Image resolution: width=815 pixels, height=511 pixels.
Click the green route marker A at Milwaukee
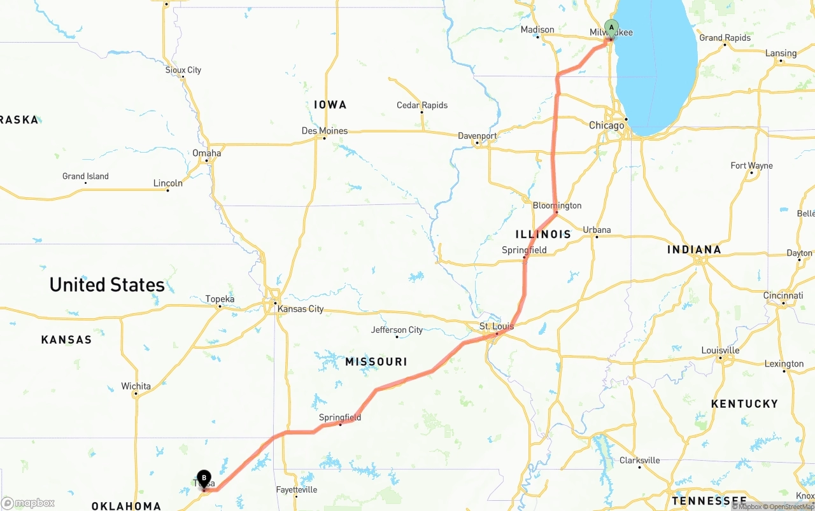tap(611, 28)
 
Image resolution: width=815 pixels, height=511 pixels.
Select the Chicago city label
tap(606, 125)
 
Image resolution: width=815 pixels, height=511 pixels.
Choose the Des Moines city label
tap(325, 131)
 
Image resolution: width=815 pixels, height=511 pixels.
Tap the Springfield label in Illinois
tap(524, 250)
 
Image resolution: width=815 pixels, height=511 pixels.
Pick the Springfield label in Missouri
tap(340, 417)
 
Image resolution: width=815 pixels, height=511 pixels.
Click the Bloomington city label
tap(557, 206)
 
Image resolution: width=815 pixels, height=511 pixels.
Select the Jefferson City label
tap(397, 330)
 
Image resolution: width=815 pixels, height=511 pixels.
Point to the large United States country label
tap(107, 284)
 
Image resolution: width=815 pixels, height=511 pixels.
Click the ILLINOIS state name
tap(543, 234)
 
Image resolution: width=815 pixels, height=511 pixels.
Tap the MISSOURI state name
tap(376, 361)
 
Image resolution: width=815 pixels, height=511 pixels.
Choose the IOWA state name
tap(330, 104)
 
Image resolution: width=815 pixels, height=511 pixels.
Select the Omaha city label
tap(207, 153)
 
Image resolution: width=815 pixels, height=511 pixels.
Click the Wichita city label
tap(136, 386)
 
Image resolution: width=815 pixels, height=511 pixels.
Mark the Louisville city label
tap(720, 351)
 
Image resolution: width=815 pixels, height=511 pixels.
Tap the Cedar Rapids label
tap(422, 105)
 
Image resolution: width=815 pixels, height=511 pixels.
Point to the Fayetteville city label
tap(297, 490)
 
